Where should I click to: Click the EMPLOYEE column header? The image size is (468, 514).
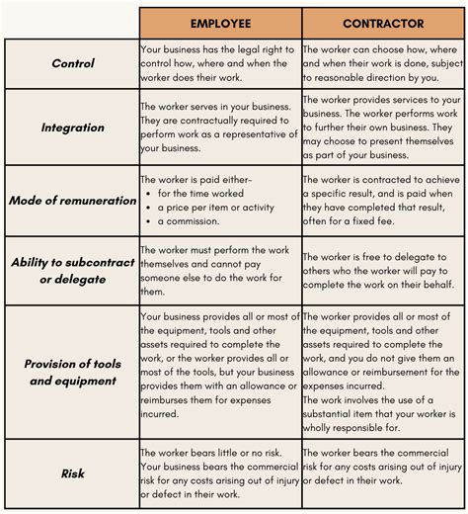tap(220, 24)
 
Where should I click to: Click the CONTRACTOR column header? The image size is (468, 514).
tap(382, 24)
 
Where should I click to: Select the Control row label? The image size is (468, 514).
tap(73, 63)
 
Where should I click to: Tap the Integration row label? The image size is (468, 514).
tap(73, 128)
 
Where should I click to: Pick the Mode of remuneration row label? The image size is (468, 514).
tap(73, 200)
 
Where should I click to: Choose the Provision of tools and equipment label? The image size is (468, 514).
tap(73, 371)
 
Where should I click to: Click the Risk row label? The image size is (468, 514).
tap(73, 473)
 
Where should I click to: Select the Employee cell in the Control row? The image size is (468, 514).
tap(219, 63)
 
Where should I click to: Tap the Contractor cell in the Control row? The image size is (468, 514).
tap(382, 63)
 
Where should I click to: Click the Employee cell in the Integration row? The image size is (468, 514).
tap(219, 128)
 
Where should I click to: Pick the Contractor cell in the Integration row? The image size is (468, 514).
tap(382, 128)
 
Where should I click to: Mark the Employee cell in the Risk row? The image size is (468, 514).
tap(219, 473)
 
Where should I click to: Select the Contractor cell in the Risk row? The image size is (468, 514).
tap(382, 473)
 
